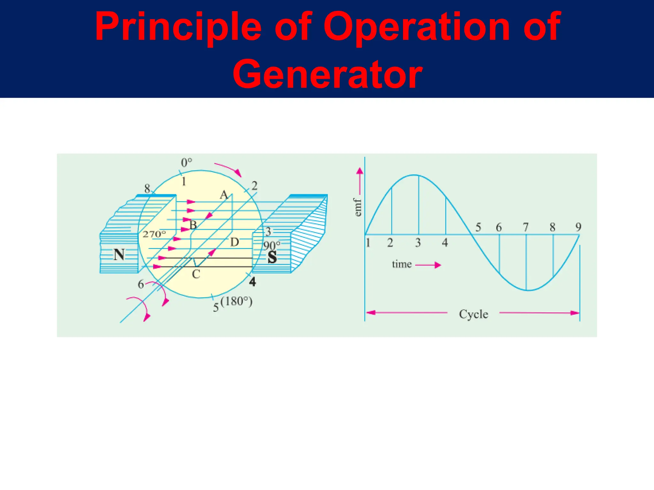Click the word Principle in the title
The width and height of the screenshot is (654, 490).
[x=178, y=27]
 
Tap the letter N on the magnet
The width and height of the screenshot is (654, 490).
[x=119, y=255]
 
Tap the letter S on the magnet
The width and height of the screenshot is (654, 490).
[x=272, y=257]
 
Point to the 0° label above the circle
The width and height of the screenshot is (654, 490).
[x=186, y=163]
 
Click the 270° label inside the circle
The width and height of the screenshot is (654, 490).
[x=154, y=234]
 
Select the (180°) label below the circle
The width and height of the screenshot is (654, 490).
[x=237, y=301]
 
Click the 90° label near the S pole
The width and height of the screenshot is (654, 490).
[x=271, y=246]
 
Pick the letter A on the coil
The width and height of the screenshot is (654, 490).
[x=224, y=195]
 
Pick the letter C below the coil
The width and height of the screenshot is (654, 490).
[x=196, y=274]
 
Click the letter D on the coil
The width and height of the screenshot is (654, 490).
[x=234, y=242]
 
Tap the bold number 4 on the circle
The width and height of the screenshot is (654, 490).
[x=252, y=282]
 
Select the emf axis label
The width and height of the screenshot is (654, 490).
[x=358, y=207]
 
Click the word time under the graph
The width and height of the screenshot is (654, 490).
[x=402, y=264]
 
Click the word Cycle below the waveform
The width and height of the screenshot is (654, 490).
[x=474, y=314]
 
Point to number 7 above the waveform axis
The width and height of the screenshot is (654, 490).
[x=526, y=227]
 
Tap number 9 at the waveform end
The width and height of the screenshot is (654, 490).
[x=578, y=227]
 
